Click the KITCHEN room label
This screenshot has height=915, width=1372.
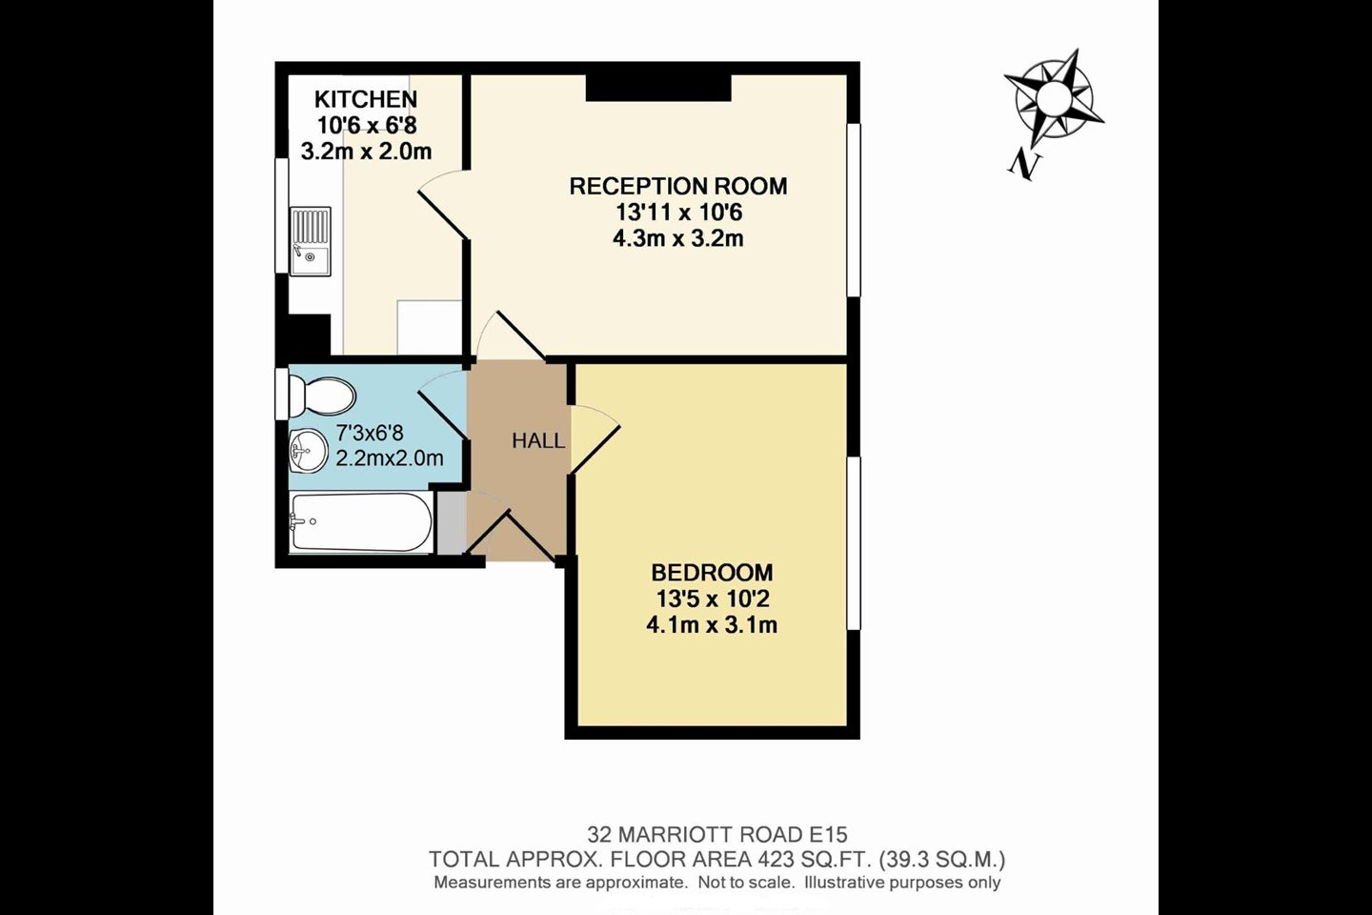366,99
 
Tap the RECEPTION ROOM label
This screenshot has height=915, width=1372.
678,186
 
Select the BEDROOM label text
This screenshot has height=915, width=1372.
713,573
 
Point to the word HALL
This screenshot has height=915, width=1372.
538,440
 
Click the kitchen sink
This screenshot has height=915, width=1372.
311,241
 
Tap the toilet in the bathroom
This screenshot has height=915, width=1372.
322,395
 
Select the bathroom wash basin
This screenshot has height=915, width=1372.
309,452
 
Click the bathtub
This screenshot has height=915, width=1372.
361,522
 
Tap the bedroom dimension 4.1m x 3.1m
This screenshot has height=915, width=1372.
712,625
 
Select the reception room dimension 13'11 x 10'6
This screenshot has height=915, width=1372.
678,212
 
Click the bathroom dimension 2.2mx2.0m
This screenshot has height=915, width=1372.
390,457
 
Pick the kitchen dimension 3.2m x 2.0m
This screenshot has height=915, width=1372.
366,151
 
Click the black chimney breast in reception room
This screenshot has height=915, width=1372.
658,88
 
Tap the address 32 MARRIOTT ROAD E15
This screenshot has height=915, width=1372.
717,834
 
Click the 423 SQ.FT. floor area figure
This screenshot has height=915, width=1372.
815,860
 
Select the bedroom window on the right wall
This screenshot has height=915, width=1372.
854,543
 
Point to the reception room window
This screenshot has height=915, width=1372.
854,211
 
